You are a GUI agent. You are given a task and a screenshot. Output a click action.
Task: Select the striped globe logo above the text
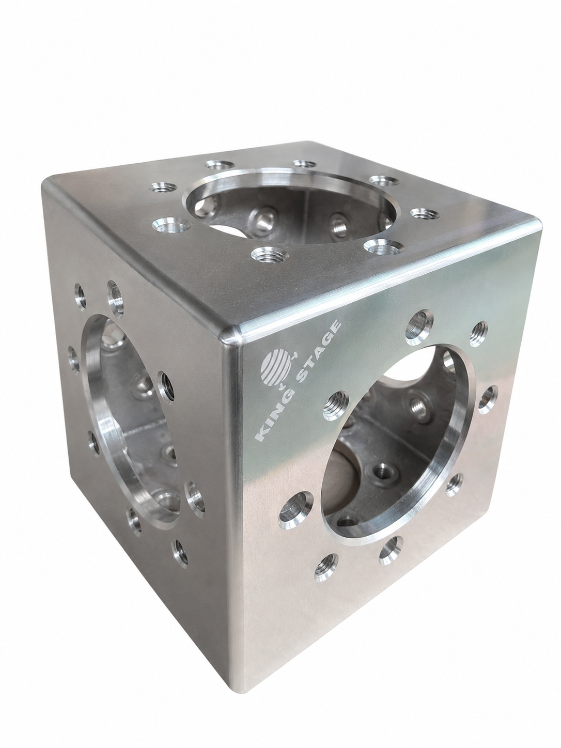click(x=276, y=368)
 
